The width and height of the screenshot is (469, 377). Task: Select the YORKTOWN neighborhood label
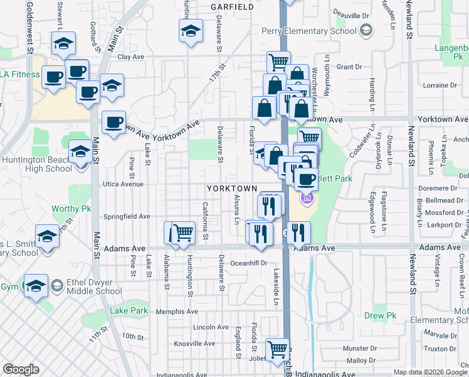[x=232, y=188]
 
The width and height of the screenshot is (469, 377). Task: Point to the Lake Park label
[x=129, y=310]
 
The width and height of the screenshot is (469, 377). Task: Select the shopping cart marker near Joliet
[x=278, y=348]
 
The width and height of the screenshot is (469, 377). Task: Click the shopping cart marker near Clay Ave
[x=278, y=61]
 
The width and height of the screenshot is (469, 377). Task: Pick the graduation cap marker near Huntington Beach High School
[x=80, y=151]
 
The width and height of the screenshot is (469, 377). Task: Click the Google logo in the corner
[x=21, y=369]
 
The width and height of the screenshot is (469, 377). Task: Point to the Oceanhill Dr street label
[x=249, y=263]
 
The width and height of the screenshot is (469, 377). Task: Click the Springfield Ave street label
[x=127, y=216]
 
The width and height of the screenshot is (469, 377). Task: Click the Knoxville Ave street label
[x=194, y=344]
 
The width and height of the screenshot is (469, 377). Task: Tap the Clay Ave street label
[x=131, y=57]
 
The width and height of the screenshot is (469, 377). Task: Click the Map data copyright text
[x=429, y=372]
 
